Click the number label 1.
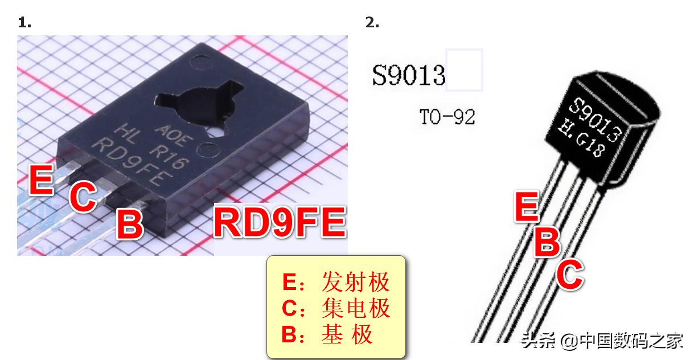click(x=24, y=23)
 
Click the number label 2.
click(x=372, y=23)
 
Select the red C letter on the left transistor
click(x=83, y=197)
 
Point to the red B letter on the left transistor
click(x=130, y=224)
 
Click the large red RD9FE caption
click(x=280, y=222)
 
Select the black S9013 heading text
click(x=408, y=75)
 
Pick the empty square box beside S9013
click(x=464, y=70)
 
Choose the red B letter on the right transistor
click(x=547, y=241)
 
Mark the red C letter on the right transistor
click(x=569, y=274)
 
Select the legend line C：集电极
click(x=336, y=308)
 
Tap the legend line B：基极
click(x=327, y=334)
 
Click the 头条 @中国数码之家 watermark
click(x=602, y=341)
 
